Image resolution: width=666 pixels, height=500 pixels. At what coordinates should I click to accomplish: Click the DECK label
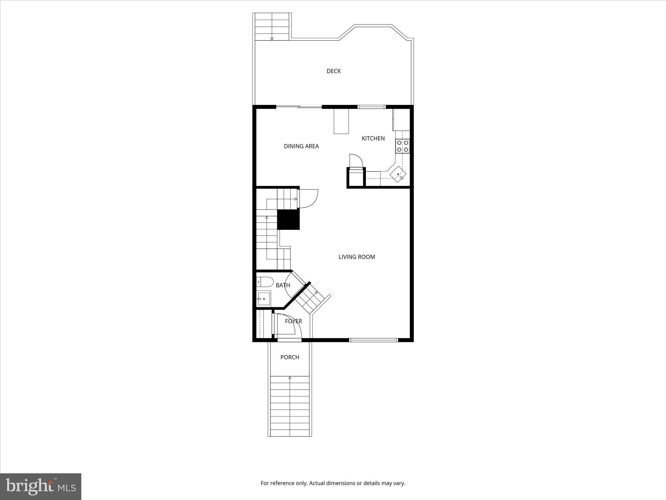coord(334,71)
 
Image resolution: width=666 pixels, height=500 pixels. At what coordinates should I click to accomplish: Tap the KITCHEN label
coord(373,138)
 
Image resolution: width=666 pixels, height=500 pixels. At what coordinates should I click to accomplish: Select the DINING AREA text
coord(301,146)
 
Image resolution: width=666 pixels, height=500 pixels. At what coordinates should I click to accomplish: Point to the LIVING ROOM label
coord(357,257)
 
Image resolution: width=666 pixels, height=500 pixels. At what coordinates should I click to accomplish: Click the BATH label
coord(283,285)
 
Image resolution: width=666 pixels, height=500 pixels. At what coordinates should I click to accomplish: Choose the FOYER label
coord(293,321)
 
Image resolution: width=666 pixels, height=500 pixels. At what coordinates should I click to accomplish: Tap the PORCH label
coord(289,357)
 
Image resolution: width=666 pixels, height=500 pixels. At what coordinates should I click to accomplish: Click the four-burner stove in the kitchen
coord(403,146)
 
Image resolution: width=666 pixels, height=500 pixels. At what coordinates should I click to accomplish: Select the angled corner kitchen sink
coord(398,174)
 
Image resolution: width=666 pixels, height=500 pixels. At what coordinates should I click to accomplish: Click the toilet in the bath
coord(265,282)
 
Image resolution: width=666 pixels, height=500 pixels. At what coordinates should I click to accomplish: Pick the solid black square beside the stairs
coord(288,220)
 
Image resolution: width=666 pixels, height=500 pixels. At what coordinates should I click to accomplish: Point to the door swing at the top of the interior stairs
coord(307,198)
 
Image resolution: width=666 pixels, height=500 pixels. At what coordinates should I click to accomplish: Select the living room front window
coord(373,340)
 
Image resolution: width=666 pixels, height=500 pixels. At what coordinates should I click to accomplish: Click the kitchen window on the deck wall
coord(371,106)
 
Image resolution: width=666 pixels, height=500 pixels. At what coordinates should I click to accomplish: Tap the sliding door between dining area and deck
coord(299,106)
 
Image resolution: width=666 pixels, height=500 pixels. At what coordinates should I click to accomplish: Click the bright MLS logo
coord(41,486)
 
